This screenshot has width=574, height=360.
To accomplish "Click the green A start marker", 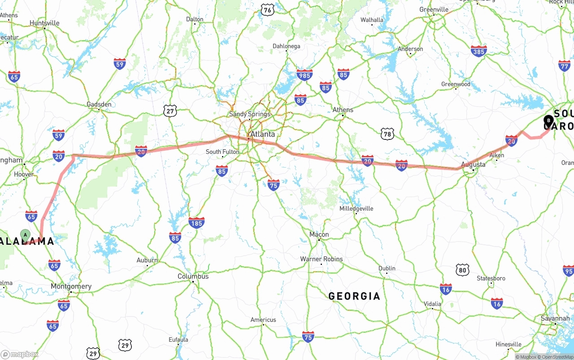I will pos(26,234).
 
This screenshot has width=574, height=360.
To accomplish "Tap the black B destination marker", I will pos(548,120).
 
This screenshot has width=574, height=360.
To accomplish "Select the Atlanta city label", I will pos(263,134).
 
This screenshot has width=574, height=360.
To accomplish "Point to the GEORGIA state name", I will pos(354,296).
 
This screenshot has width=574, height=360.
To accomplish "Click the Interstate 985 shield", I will pos(304,75).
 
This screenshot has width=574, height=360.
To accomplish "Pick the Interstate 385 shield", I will pos(479,52).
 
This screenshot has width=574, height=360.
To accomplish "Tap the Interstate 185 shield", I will pos(196,222).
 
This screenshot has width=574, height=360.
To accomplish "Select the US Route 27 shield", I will pos(170,111).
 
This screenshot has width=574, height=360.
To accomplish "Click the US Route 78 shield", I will pos(387,134).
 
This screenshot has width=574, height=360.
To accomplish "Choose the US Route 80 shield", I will pos(463,269).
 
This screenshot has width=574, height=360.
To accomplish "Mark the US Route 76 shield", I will pos(267,10).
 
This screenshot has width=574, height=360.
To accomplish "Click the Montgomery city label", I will pos(71,286).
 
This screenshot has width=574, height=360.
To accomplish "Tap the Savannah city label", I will pos(555,318).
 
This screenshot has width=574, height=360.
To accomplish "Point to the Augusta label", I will pos(473,165).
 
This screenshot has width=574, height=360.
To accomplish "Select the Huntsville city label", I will pos(44,23).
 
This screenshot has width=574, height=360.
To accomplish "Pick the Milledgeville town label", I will pos(356,208).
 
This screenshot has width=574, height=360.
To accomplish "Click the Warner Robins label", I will pos(322,259).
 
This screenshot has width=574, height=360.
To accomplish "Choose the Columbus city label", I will pos(193,276).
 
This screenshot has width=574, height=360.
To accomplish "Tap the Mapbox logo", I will pos(20,354).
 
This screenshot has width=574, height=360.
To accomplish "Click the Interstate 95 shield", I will pos(568,270).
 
